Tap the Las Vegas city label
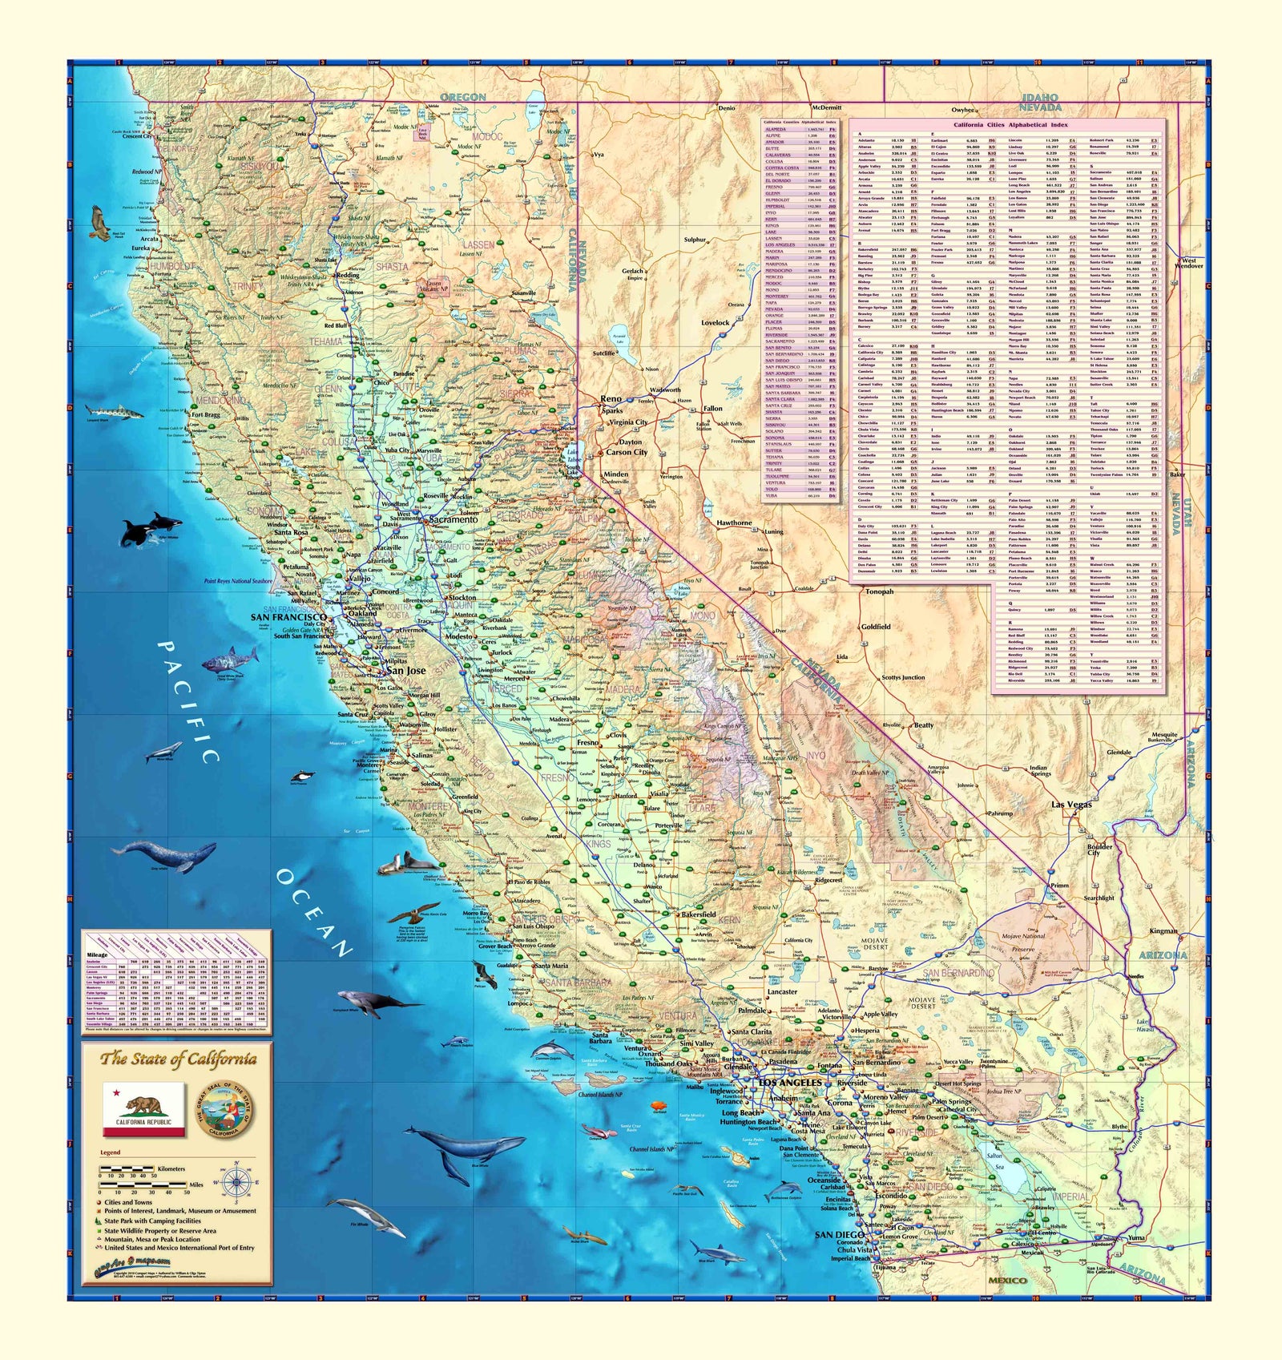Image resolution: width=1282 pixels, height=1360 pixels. tap(1071, 805)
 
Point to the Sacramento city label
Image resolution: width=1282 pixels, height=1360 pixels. tap(453, 519)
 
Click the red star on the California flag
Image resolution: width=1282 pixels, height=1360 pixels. tap(116, 1093)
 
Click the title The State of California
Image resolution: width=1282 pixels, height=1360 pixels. tap(178, 1059)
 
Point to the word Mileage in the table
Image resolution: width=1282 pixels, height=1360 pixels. tap(96, 955)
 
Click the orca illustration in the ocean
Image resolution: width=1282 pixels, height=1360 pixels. tap(149, 529)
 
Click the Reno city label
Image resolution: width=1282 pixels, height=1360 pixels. tap(611, 398)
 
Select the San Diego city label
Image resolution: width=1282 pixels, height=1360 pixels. tap(839, 1235)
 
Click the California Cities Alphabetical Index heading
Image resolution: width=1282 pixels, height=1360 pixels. tap(1010, 125)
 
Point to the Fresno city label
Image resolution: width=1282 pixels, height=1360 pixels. tap(587, 743)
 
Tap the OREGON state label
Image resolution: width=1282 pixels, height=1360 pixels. tap(463, 97)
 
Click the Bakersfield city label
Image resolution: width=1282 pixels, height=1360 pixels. tap(698, 914)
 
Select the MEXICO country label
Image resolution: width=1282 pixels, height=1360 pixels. tap(1007, 1281)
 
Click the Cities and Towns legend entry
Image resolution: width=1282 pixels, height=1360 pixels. tap(128, 1202)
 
